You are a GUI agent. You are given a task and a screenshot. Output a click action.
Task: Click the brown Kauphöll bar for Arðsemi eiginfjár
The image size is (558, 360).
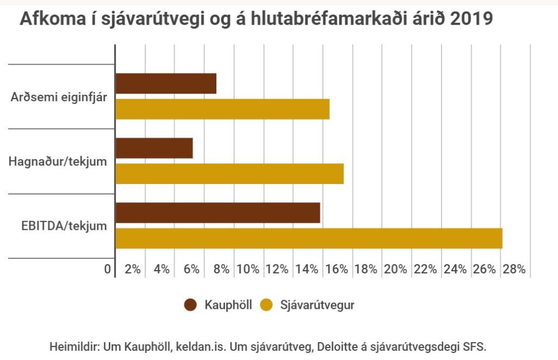pyautogui.click(x=166, y=83)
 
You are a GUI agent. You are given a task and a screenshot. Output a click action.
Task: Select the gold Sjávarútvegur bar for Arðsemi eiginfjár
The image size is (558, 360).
pyautogui.click(x=222, y=109)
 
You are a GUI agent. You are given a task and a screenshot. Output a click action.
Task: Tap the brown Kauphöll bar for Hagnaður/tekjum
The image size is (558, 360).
pyautogui.click(x=154, y=148)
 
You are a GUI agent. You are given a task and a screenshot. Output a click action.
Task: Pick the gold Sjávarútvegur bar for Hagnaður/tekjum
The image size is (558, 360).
pyautogui.click(x=229, y=174)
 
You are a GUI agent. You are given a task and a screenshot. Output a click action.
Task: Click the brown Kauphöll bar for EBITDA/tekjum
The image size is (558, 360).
pyautogui.click(x=218, y=212)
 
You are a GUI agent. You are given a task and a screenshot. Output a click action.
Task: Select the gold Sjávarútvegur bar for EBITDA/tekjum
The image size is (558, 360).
pyautogui.click(x=308, y=238)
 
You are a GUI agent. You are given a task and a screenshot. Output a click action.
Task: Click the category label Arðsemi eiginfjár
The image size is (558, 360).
pyautogui.click(x=59, y=97)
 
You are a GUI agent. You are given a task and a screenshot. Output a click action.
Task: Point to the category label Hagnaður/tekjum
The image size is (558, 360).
pyautogui.click(x=58, y=161)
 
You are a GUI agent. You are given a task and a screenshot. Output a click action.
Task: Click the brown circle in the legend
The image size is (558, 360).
pyautogui.click(x=191, y=305)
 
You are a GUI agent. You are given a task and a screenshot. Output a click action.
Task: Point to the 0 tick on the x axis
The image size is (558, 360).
pyautogui.click(x=108, y=269)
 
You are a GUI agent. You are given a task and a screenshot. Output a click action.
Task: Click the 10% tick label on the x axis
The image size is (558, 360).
pyautogui.click(x=248, y=269)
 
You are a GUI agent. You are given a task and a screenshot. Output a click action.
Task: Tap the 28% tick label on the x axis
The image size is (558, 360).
pyautogui.click(x=514, y=269)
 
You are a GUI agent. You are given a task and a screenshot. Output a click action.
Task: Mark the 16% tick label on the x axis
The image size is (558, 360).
pyautogui.click(x=336, y=269)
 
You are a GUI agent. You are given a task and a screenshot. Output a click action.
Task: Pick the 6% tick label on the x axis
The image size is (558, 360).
pyautogui.click(x=191, y=269)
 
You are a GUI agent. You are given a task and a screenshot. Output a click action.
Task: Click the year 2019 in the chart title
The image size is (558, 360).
pyautogui.click(x=471, y=20)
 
